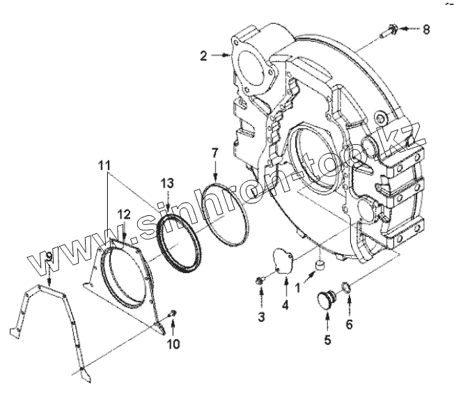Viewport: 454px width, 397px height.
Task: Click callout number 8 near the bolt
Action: (x=427, y=29)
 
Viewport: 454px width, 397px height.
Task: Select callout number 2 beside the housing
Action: (x=203, y=56)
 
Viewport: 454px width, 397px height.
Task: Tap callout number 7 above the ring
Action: (x=215, y=152)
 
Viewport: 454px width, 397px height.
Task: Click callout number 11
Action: (x=104, y=165)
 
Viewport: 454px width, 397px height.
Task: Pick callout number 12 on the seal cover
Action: (x=123, y=213)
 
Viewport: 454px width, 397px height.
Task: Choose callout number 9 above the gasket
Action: (x=48, y=258)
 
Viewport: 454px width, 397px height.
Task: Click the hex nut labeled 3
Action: (x=260, y=281)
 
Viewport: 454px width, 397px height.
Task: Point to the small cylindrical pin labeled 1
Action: (x=321, y=266)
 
